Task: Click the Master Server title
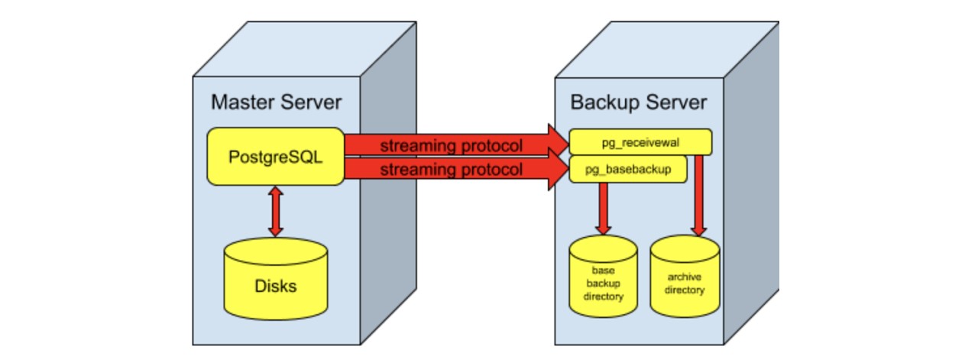(276, 102)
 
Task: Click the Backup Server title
(639, 102)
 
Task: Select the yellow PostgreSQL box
(276, 157)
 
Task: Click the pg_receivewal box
(640, 142)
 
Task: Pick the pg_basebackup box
(628, 169)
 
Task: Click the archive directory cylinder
(684, 278)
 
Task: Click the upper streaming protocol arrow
(451, 144)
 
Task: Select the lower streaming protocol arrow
(451, 170)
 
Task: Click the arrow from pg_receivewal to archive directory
(698, 195)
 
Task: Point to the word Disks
(276, 287)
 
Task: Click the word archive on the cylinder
(684, 277)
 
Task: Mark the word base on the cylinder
(603, 271)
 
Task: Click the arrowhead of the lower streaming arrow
(557, 170)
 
